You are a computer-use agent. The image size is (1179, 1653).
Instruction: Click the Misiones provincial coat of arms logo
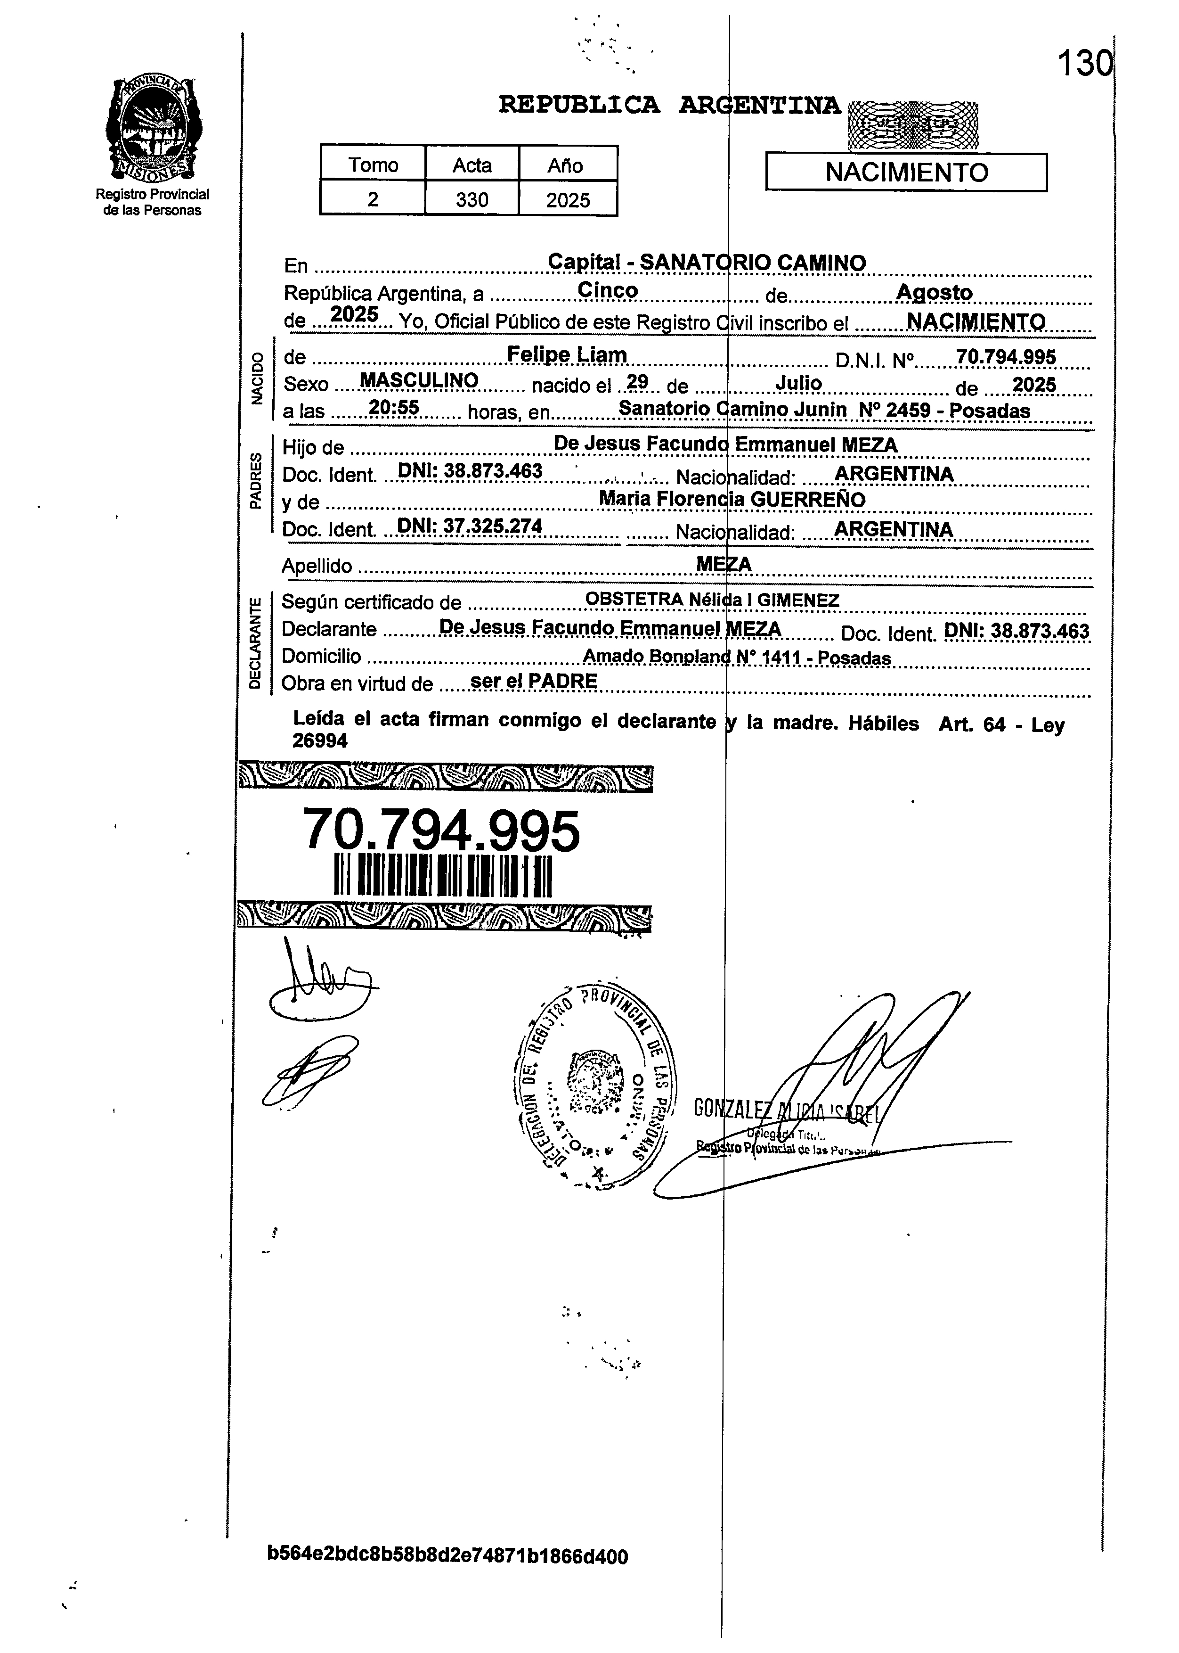tap(153, 129)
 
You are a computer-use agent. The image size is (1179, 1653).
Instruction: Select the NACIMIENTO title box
tap(906, 172)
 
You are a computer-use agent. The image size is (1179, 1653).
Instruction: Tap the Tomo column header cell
tap(373, 165)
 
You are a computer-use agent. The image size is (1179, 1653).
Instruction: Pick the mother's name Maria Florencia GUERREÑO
tap(732, 499)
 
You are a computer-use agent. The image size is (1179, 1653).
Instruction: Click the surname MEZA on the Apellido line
tap(723, 564)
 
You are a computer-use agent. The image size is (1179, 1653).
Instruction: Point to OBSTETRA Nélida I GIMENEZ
tap(711, 600)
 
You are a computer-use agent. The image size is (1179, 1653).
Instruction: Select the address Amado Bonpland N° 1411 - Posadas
tap(736, 657)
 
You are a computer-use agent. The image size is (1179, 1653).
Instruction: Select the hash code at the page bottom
tap(447, 1556)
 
